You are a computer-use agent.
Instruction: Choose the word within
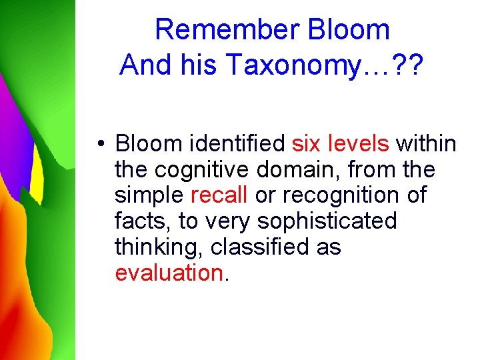point(427,143)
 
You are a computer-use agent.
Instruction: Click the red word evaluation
point(169,273)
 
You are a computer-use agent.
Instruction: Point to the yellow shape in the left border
point(37,180)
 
